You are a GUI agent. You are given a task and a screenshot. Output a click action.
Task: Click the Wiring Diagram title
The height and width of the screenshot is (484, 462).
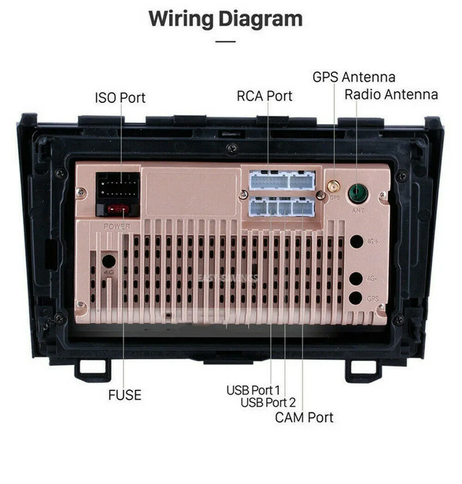click(x=225, y=19)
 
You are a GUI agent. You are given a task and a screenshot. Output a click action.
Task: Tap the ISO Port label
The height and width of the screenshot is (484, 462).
click(x=120, y=98)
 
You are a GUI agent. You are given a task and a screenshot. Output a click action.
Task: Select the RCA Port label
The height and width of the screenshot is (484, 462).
click(x=264, y=96)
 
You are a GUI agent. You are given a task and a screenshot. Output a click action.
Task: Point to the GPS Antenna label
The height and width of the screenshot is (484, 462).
click(x=353, y=77)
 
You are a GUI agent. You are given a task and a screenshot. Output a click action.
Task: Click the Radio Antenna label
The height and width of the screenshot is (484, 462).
click(x=391, y=94)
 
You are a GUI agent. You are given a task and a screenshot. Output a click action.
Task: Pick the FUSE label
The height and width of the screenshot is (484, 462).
click(x=125, y=395)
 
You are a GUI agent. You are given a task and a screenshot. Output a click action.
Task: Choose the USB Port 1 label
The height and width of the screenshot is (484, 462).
click(x=253, y=390)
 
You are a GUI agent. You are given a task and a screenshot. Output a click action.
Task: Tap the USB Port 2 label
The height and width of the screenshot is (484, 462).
click(x=268, y=402)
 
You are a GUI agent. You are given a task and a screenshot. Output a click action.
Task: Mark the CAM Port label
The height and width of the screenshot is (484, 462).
click(x=304, y=417)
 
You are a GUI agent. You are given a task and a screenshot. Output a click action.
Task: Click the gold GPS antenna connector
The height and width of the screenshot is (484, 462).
click(x=334, y=187)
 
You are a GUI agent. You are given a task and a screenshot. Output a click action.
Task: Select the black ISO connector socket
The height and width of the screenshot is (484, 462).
click(x=118, y=188)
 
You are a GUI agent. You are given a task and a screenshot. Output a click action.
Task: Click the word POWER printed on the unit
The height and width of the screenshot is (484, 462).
click(x=117, y=227)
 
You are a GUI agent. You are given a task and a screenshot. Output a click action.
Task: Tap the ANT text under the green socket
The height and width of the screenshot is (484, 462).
click(x=358, y=210)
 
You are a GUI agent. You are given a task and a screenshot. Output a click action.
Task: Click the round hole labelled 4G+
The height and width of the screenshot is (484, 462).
click(x=356, y=241)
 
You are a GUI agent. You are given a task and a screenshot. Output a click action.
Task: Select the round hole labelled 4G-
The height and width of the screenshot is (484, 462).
click(x=356, y=278)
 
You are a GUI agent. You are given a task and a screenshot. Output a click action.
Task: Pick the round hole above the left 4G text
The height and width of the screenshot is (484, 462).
click(x=109, y=261)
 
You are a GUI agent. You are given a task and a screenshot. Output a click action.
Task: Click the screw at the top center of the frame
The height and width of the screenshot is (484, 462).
click(x=232, y=148)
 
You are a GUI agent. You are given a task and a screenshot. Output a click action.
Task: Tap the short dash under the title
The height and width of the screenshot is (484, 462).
click(x=225, y=41)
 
